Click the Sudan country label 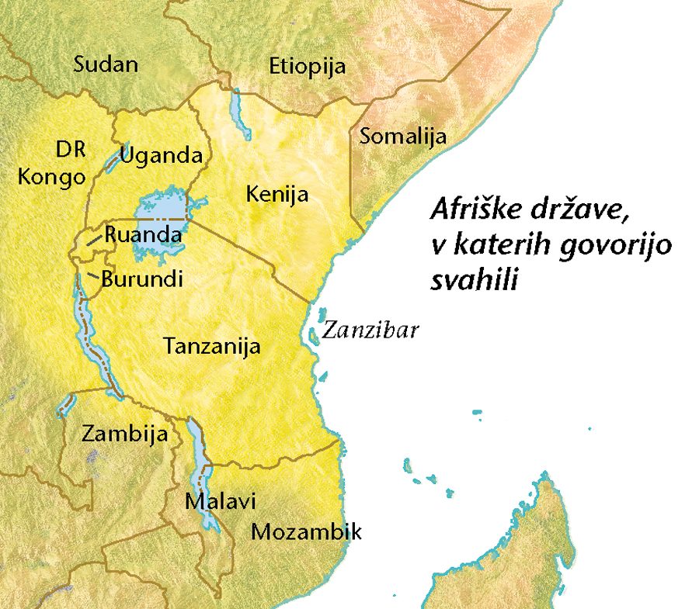tap(106, 65)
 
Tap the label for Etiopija tap(307, 67)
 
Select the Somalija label tap(403, 137)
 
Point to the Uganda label tap(162, 155)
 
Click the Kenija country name tap(277, 194)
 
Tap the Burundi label tap(142, 279)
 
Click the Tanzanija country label tap(212, 347)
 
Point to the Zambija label tap(125, 434)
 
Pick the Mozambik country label tap(306, 533)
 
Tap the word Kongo tap(51, 177)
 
